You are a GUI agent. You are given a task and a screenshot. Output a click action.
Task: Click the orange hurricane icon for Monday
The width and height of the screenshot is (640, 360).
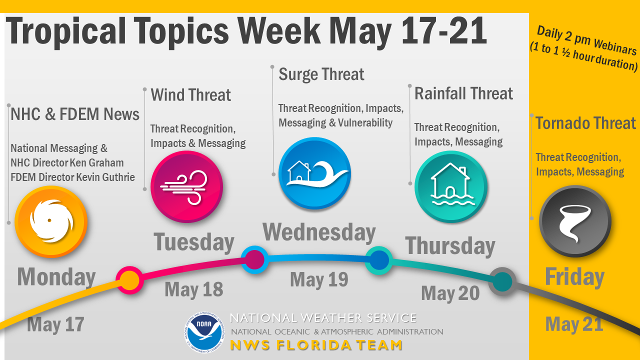coord(51,221)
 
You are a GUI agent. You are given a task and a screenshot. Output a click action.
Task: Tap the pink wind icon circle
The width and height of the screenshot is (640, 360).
coord(186,186)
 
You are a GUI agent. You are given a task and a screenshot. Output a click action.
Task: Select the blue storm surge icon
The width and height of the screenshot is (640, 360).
coord(314,173)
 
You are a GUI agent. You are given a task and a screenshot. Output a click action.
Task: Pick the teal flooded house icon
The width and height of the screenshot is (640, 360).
coord(451,186)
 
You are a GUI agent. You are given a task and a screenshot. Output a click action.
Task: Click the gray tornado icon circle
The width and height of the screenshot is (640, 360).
coord(575,221)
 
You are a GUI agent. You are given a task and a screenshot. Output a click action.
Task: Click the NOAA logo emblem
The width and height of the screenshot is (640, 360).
coord(204,332)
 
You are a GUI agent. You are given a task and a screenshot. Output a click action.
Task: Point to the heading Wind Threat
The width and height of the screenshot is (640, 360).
coord(190,95)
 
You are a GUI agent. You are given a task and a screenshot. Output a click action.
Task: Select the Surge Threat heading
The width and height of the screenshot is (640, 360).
coord(321,74)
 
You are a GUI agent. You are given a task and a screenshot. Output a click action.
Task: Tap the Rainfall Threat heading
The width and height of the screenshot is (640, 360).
coord(463,93)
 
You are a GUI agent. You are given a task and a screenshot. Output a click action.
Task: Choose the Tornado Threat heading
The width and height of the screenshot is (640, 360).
coord(585,123)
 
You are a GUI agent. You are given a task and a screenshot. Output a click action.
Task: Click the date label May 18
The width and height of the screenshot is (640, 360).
coord(193,290)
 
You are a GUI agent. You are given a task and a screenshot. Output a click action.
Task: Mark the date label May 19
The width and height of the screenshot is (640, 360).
coord(319,279)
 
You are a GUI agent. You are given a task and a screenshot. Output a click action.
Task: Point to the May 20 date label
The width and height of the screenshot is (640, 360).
coord(450,293)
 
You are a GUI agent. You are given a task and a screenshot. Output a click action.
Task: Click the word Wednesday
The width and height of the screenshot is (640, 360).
coord(319,232)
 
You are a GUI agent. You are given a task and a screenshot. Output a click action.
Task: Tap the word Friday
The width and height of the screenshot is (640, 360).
coord(574,277)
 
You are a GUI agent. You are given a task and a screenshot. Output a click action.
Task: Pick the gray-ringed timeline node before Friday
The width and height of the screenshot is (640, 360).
coord(502,281)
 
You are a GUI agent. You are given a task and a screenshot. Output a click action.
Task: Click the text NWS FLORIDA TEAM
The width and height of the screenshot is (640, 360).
coord(316,345)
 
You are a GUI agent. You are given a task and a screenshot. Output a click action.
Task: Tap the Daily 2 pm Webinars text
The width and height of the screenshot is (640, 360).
coord(586,40)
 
